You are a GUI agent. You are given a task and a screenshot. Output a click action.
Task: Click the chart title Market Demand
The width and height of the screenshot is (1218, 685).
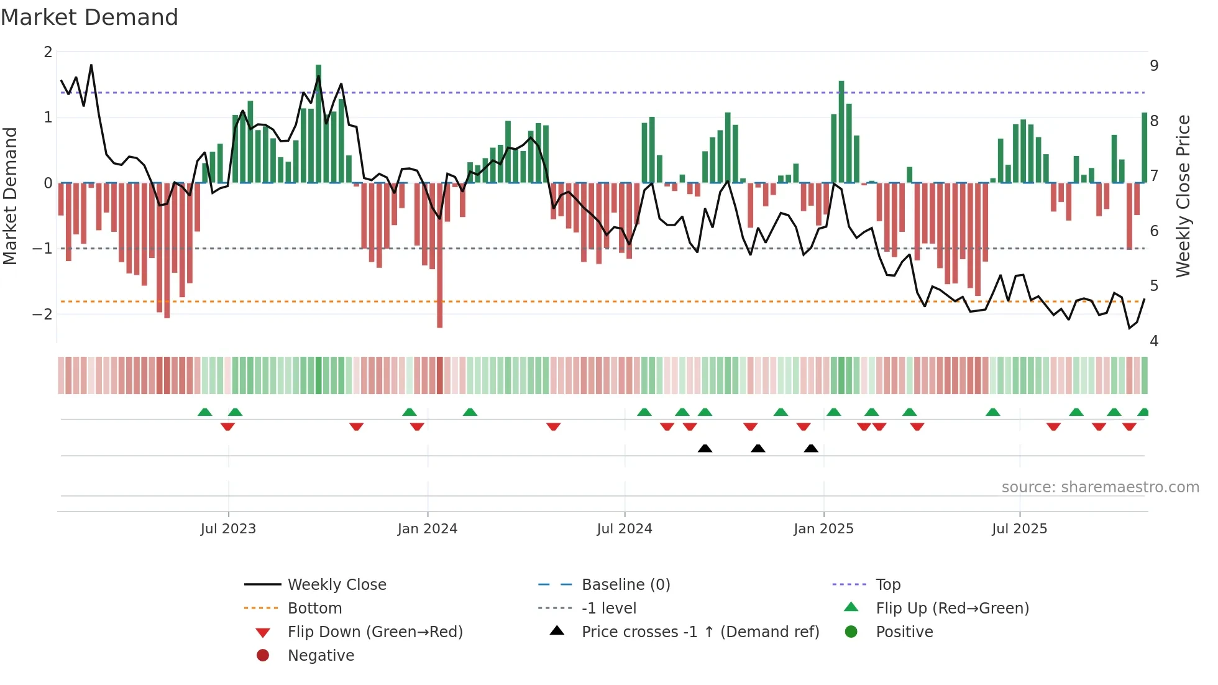(89, 17)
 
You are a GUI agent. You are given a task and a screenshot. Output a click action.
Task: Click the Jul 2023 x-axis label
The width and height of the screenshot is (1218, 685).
(228, 529)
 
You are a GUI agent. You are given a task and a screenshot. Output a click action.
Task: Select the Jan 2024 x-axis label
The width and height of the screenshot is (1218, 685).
(427, 529)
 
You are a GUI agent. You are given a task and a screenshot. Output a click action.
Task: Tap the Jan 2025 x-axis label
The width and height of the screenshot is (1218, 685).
(823, 529)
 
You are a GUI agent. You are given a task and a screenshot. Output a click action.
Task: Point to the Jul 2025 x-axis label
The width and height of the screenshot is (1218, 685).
(1019, 529)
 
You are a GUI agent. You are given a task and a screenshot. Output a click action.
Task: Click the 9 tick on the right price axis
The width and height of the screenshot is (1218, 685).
(1154, 66)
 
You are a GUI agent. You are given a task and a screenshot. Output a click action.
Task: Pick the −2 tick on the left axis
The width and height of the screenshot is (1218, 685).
(42, 314)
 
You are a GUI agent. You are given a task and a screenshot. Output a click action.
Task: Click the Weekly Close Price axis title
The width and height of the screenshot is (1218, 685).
(1183, 196)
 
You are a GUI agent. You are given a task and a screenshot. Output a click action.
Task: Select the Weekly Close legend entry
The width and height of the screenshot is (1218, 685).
(336, 585)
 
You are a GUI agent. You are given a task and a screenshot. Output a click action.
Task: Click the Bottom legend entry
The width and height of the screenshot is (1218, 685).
(314, 609)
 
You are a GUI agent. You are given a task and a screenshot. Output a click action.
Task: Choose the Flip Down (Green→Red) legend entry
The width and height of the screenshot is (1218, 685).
(375, 632)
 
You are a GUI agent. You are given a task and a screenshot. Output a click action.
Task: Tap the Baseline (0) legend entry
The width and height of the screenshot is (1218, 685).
(625, 585)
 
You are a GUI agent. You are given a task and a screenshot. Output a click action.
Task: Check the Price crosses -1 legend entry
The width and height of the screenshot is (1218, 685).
(700, 632)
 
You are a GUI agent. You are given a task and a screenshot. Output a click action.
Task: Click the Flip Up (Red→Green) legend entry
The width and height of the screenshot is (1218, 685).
(952, 609)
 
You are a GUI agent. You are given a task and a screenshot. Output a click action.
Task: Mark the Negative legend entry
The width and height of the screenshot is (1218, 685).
(321, 656)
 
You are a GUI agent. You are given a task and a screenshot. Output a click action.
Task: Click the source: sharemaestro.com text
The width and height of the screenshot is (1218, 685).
(1100, 487)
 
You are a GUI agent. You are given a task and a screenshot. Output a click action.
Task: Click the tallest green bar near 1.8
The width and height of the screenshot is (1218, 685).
(318, 124)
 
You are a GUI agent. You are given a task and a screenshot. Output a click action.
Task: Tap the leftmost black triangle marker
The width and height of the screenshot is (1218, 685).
(705, 449)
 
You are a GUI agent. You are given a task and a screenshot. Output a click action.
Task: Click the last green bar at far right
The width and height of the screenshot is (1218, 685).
(1144, 148)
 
